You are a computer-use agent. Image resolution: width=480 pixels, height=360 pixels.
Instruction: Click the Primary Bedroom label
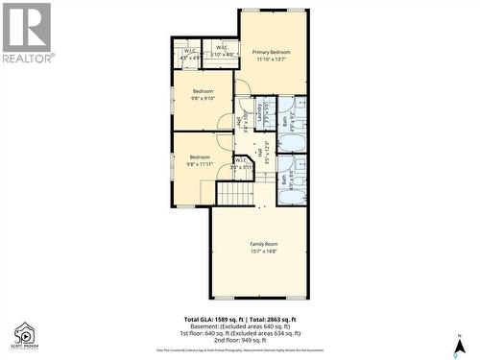coord(273,52)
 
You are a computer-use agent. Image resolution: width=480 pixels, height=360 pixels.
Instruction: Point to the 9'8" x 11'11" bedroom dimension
coord(200,164)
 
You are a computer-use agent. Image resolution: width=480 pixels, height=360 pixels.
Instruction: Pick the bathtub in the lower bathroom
coord(291,196)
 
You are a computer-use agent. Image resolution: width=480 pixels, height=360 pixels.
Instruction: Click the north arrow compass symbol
coord(460,343)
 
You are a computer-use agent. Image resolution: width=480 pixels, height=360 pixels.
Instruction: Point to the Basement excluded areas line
coord(240,325)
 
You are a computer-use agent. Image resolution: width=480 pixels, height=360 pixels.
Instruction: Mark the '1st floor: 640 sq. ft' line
coord(240,332)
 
